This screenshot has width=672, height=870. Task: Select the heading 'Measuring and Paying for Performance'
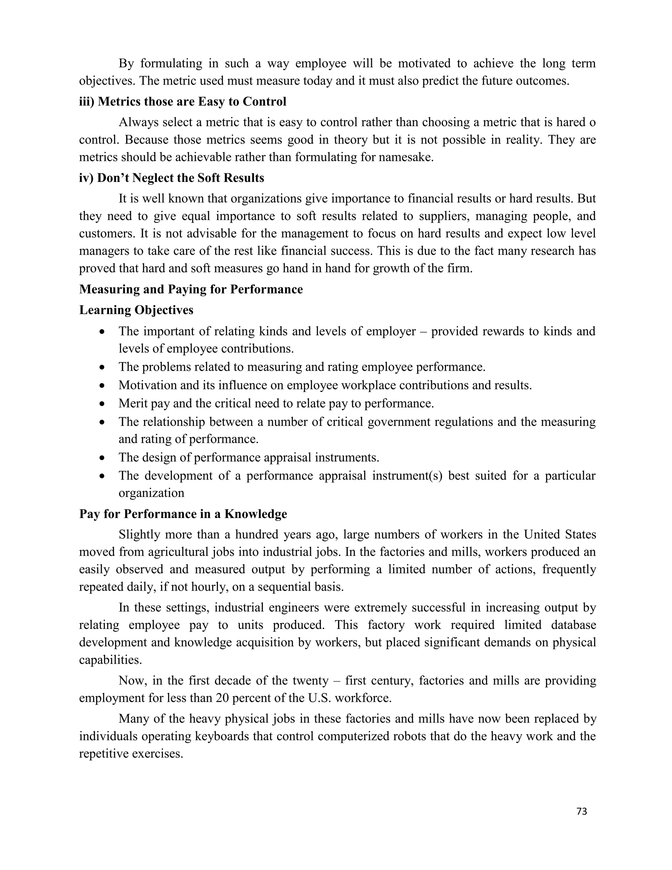coord(191,289)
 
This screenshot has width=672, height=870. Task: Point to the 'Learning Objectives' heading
coord(136,310)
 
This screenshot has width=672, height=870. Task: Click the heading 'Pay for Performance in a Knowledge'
coord(183,514)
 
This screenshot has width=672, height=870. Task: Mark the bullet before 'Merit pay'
coord(102,403)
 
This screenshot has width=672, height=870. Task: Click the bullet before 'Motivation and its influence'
coord(102,386)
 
